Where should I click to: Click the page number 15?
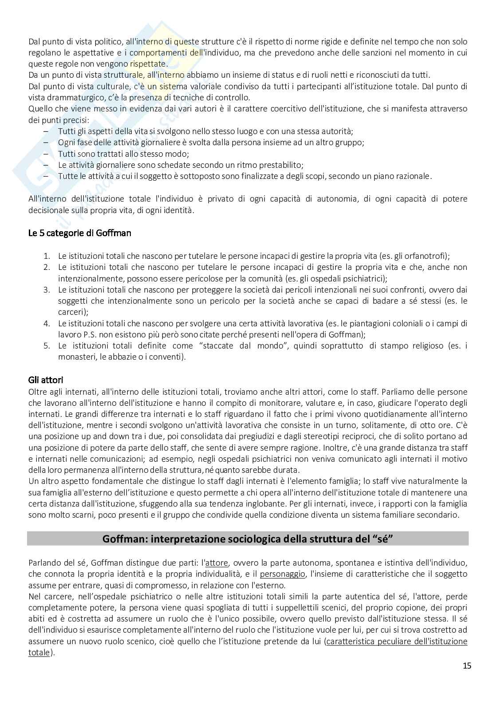pos(467,665)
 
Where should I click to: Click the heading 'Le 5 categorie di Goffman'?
pos(79,233)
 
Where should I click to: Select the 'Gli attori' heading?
pos(46,380)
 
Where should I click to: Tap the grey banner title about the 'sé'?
pos(248,539)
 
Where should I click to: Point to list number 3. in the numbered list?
pos(47,290)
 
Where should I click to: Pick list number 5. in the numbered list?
pos(47,345)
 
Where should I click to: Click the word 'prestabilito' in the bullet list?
pos(282,165)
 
